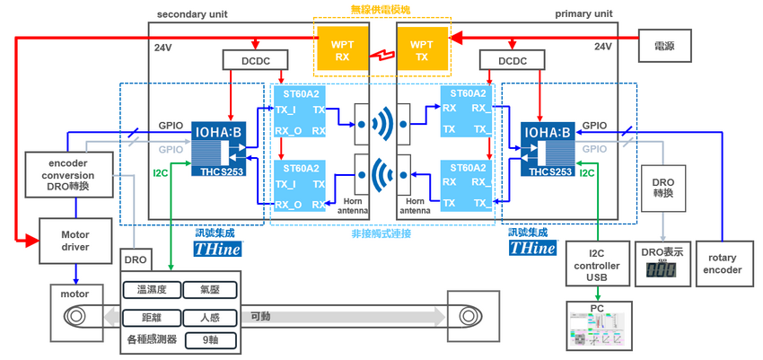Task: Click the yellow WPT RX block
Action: (343, 50)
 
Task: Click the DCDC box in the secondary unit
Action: (255, 59)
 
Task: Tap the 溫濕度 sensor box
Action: (151, 290)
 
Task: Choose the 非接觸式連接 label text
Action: (381, 234)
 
